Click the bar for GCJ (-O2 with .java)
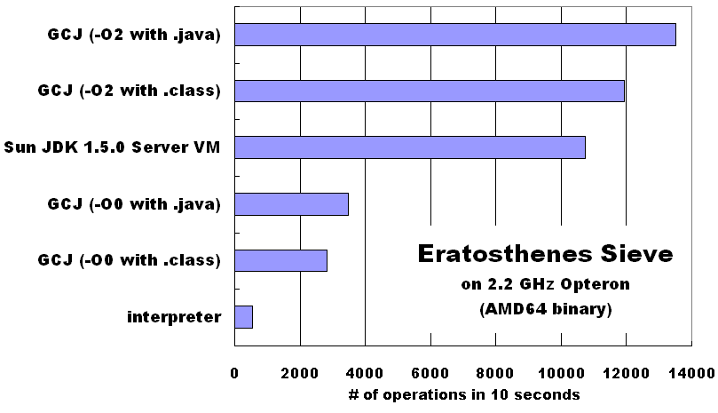pos(455,35)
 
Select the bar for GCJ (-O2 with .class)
pos(430,91)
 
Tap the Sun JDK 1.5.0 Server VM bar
pos(410,147)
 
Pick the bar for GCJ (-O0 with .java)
pos(292,204)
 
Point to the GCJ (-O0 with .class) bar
pos(280,260)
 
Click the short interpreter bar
pos(243,317)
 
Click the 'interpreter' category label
pos(174,317)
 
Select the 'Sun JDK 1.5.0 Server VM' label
pos(112,147)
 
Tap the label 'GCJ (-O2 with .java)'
pos(134,35)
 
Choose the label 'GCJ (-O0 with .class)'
pos(129,260)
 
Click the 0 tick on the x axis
pos(234,373)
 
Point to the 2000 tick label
pos(300,373)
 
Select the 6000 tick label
pos(430,373)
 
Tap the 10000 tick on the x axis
pos(562,373)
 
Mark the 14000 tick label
pos(692,373)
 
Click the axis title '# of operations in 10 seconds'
pos(464,394)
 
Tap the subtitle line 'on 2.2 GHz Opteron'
pos(545,284)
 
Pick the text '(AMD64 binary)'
pos(546,309)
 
